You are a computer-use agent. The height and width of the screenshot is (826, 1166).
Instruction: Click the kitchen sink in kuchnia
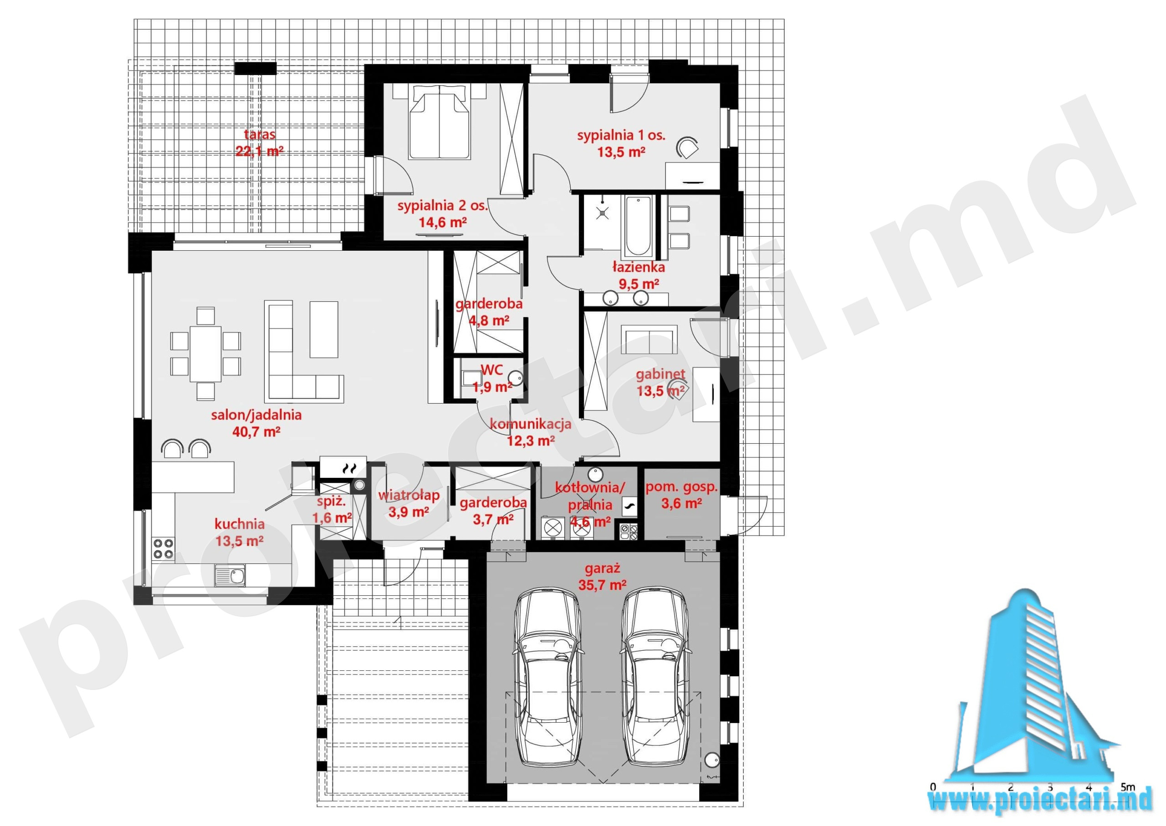(x=230, y=576)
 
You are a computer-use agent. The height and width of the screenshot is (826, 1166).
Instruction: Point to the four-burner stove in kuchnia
(x=164, y=549)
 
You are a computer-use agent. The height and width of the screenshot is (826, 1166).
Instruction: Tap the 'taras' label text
(x=260, y=135)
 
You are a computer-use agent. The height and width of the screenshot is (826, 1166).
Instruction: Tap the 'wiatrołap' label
(x=409, y=495)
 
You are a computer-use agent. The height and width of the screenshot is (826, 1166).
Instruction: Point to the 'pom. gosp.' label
(x=681, y=487)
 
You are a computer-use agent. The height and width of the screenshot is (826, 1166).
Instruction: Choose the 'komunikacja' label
(x=530, y=424)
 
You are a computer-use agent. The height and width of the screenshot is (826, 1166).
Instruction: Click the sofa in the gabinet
(x=649, y=340)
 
